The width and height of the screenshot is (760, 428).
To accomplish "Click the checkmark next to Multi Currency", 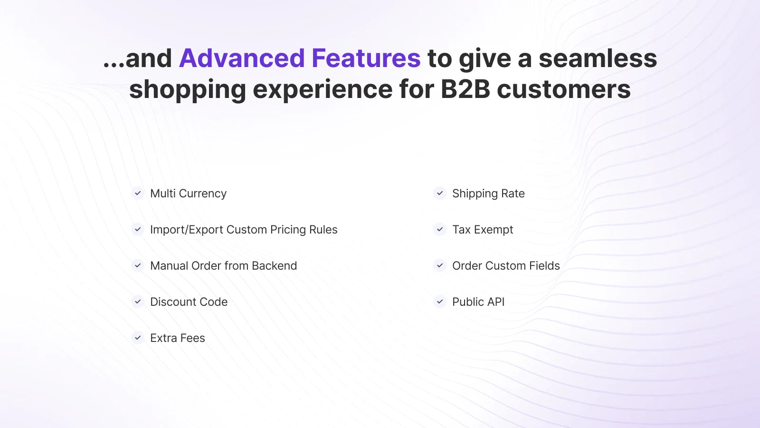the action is click(x=138, y=193).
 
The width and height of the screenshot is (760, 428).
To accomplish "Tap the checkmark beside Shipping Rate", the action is click(x=440, y=193).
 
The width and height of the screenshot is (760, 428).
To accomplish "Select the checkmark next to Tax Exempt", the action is click(x=440, y=230).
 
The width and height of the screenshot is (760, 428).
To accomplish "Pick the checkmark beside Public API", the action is click(x=440, y=302).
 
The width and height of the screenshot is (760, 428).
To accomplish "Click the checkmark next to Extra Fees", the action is click(x=138, y=338).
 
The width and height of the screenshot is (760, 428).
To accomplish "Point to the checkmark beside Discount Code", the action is click(x=138, y=302).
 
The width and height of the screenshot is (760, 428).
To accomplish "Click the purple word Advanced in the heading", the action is click(x=242, y=58).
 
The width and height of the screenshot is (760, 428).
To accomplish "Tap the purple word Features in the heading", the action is click(x=366, y=58).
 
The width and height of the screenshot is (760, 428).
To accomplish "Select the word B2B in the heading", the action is click(x=465, y=89).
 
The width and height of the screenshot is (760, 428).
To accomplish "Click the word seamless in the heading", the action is click(x=598, y=58).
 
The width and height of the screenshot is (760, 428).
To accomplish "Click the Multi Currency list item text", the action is click(x=188, y=194).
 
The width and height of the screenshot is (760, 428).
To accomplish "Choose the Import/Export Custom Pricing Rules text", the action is click(x=244, y=230).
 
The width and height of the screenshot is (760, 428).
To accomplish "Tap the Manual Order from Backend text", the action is click(x=224, y=266).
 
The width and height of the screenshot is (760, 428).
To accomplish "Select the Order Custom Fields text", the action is click(x=506, y=266).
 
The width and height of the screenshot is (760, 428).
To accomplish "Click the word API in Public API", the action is click(x=494, y=302).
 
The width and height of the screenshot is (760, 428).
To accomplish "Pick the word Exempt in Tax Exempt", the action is click(x=494, y=230).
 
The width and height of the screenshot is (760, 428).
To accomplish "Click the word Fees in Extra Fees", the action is click(x=192, y=338).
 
